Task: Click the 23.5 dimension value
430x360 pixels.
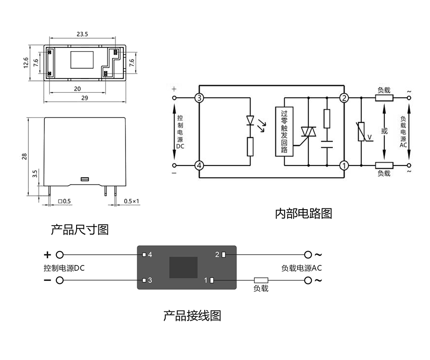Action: point(82,34)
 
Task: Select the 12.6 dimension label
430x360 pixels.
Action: point(26,62)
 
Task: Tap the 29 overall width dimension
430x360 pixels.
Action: point(84,98)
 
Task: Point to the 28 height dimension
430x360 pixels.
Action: point(25,156)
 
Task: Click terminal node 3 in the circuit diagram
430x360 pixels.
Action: point(199,98)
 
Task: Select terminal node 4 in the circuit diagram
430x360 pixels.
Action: point(199,165)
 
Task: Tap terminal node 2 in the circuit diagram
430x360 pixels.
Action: point(344,98)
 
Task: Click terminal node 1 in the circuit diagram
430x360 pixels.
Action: point(344,165)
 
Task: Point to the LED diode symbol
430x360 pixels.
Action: point(250,120)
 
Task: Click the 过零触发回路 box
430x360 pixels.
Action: point(284,131)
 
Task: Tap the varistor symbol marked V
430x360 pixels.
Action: point(361,131)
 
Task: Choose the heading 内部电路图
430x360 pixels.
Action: point(304,214)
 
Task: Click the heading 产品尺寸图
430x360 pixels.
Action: point(80,229)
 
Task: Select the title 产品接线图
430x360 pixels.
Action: point(192,316)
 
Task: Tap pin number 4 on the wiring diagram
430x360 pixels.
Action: point(150,255)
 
